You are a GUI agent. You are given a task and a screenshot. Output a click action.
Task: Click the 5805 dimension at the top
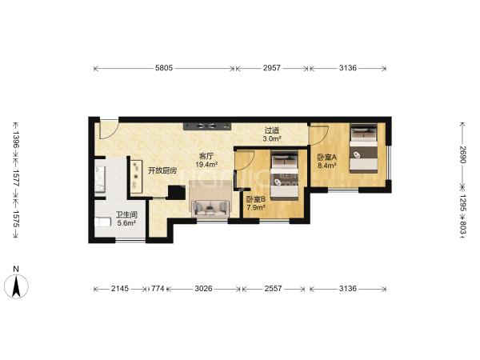click(164, 68)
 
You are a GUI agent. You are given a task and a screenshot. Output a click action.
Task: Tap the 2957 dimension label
click(272, 68)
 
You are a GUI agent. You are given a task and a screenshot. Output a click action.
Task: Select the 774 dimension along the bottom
click(158, 288)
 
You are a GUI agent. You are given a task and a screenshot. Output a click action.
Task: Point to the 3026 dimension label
click(203, 288)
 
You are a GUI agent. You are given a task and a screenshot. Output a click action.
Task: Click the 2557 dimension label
click(273, 288)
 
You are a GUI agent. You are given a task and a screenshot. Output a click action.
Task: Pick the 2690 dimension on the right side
click(462, 155)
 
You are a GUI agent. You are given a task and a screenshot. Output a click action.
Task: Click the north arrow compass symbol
click(16, 286)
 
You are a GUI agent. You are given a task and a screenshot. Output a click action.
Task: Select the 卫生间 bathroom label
click(126, 215)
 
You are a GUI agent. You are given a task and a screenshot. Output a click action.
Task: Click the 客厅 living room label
click(206, 156)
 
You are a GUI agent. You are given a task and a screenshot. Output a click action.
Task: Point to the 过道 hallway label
click(272, 130)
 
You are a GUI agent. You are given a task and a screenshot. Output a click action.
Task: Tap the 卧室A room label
click(326, 158)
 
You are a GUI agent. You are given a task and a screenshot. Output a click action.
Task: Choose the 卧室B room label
click(256, 199)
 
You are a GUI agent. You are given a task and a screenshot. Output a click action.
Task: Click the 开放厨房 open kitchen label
click(162, 170)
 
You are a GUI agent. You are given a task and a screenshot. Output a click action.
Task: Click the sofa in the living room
click(210, 208)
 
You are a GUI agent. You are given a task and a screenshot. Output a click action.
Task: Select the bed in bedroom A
click(364, 148)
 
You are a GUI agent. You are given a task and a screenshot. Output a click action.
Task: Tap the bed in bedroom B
click(285, 176)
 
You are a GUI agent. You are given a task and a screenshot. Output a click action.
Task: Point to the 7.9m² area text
click(256, 207)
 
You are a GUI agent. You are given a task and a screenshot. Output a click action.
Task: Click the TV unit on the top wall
click(207, 126)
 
